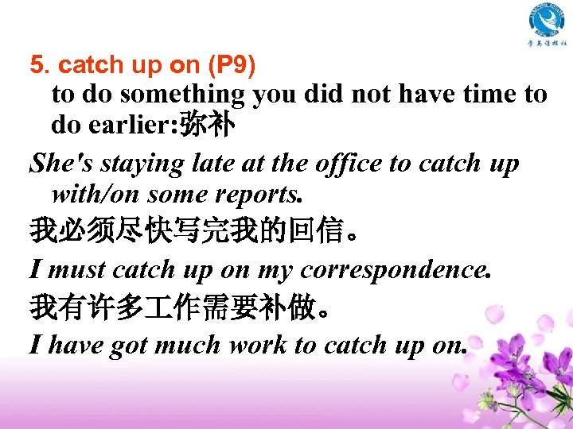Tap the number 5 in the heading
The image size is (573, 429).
click(35, 64)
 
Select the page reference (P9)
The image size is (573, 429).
click(230, 64)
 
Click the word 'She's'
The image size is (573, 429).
click(55, 164)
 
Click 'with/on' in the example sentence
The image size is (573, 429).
click(95, 194)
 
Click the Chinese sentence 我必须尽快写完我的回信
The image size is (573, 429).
click(192, 234)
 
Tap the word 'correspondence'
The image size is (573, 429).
click(396, 271)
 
